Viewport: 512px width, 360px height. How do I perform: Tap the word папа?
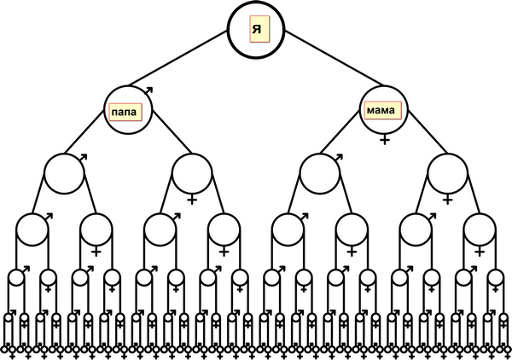125,110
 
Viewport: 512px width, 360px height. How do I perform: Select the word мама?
380,110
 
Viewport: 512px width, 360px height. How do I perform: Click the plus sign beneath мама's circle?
385,138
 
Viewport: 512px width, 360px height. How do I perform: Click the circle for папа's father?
64,174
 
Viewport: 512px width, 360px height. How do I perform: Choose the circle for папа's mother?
192,174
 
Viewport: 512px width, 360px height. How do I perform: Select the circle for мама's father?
319,174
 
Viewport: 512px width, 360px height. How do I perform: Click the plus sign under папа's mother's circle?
192,200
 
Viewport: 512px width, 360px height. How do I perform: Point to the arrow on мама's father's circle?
339,158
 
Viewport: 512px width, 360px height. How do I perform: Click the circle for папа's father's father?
32,229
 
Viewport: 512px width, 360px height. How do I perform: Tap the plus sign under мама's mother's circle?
447,200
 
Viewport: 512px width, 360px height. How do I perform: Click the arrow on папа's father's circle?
84,158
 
